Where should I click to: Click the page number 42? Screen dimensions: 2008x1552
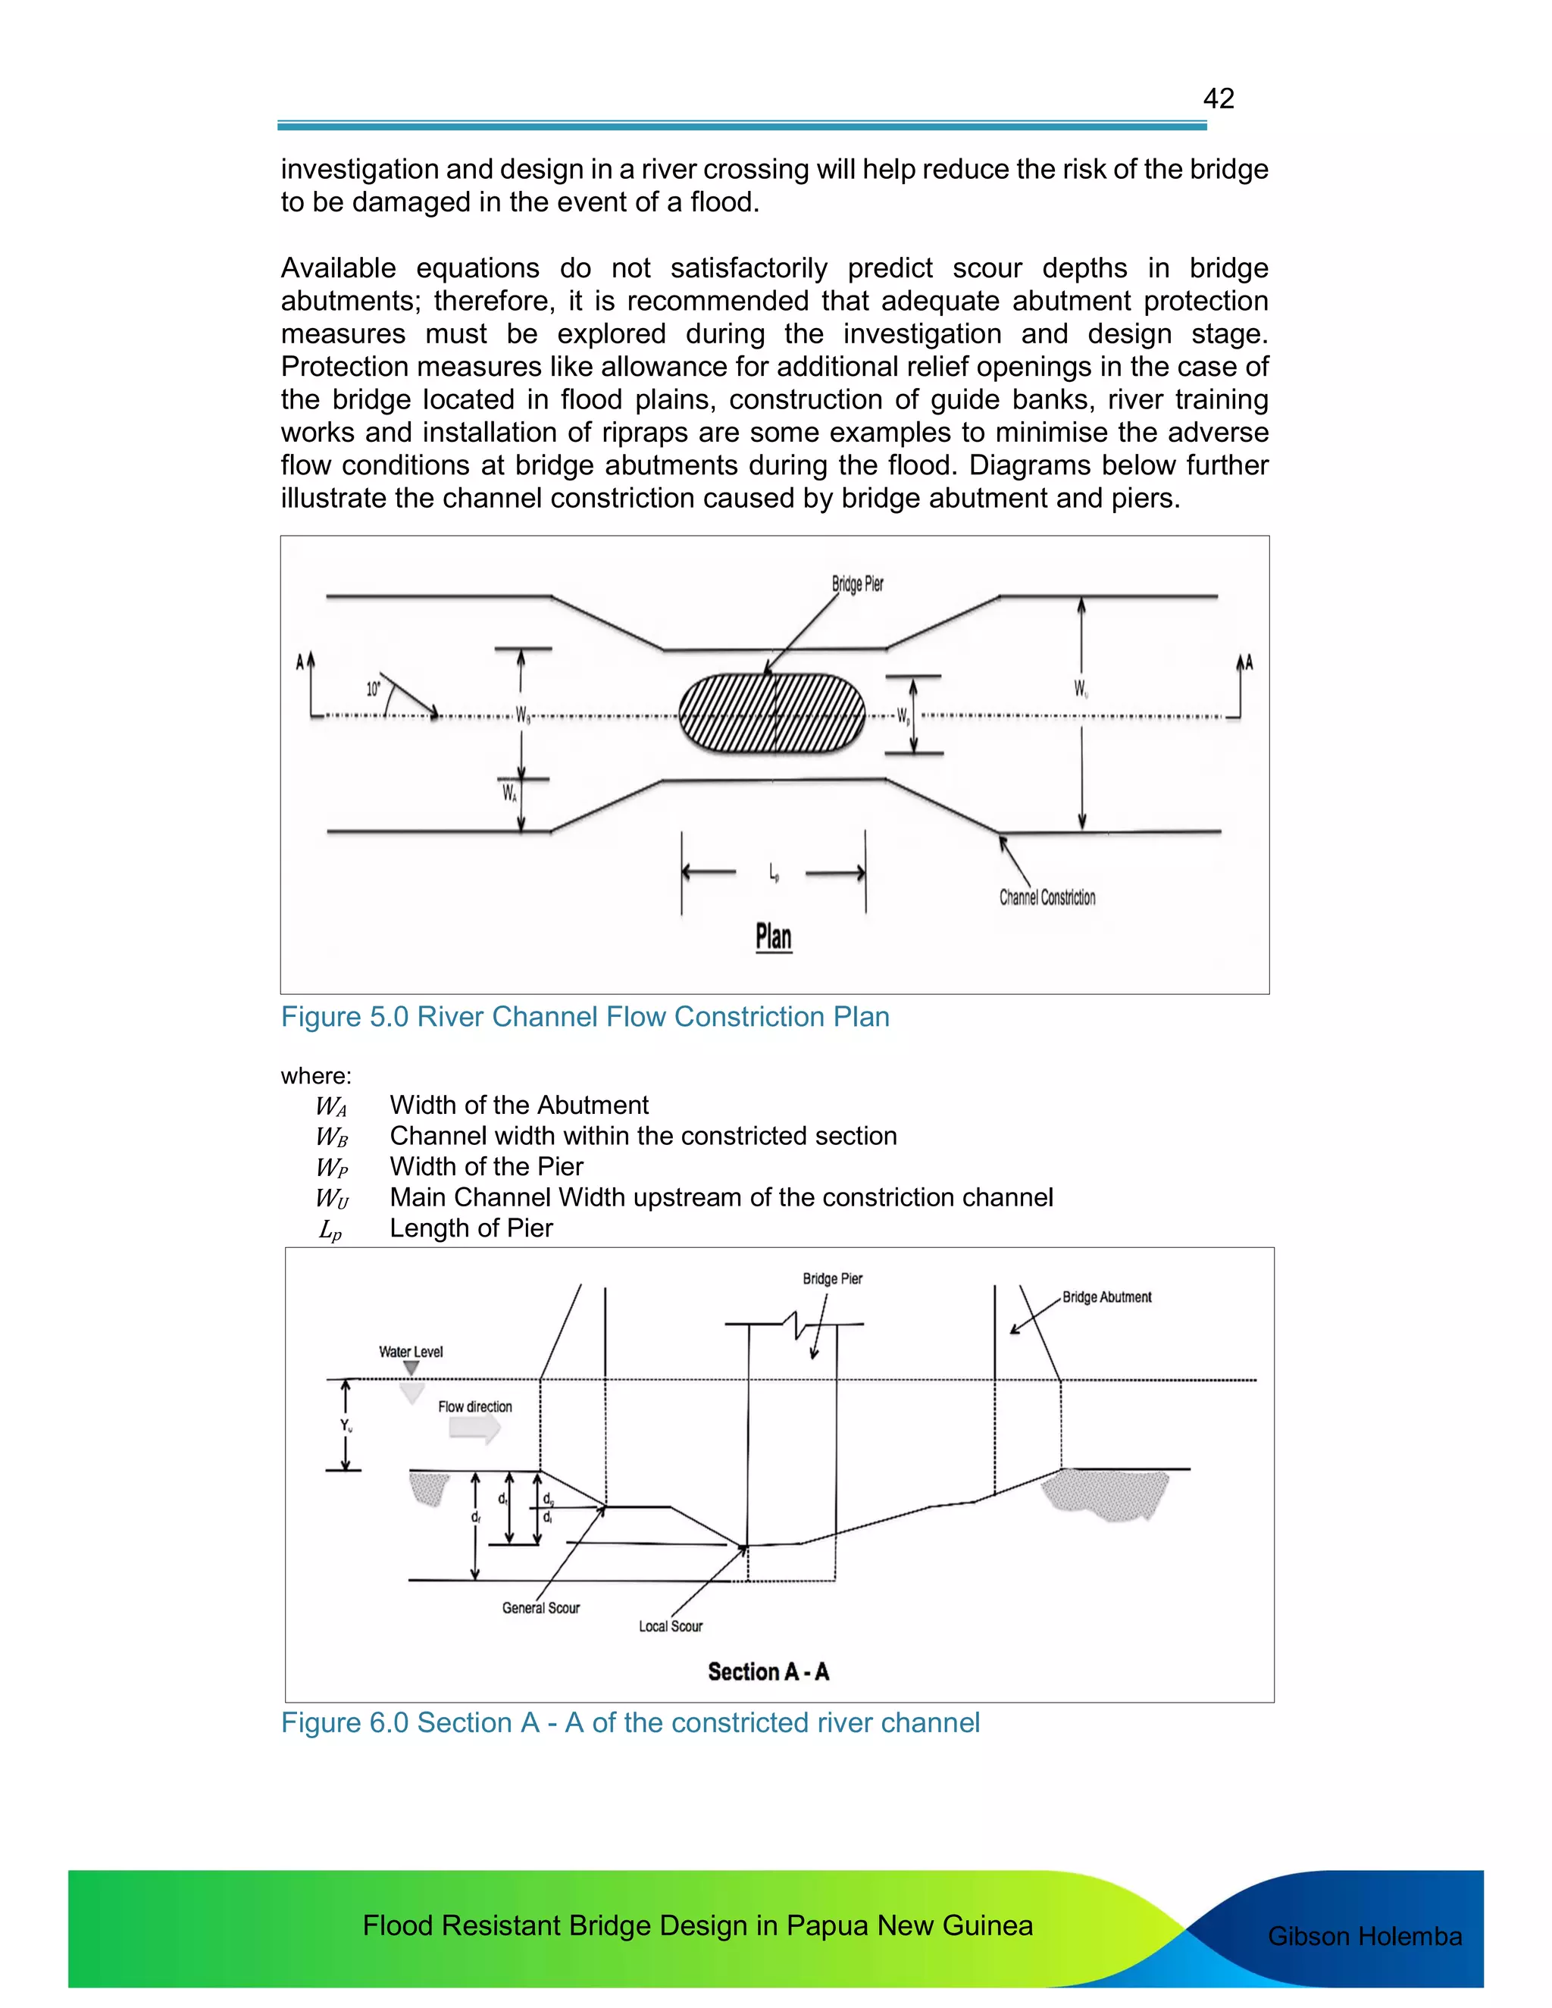pos(1219,99)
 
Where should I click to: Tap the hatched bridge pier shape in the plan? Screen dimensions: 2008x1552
pos(772,714)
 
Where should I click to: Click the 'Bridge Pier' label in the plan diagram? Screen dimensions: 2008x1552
pos(857,583)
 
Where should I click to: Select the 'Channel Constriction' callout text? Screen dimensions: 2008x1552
pos(1047,897)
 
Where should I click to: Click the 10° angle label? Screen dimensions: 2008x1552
pos(374,689)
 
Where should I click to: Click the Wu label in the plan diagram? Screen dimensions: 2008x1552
pos(1081,689)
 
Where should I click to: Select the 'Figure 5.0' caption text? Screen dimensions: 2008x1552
pos(585,1017)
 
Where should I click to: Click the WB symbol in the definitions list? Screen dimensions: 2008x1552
pos(332,1137)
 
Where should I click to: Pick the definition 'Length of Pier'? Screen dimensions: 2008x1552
pos(471,1228)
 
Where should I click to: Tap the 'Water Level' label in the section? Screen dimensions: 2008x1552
pos(410,1352)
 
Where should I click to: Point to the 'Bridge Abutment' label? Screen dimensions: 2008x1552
pos(1106,1297)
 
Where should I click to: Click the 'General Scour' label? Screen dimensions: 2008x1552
pos(540,1608)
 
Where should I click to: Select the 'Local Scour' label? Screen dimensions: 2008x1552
pos(670,1626)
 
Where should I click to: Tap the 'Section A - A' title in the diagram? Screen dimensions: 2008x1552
pos(768,1672)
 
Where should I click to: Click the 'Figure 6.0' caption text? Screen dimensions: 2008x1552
pos(630,1723)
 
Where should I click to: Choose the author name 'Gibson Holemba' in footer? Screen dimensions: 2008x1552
pos(1364,1936)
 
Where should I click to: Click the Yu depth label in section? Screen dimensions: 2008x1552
pos(346,1425)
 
